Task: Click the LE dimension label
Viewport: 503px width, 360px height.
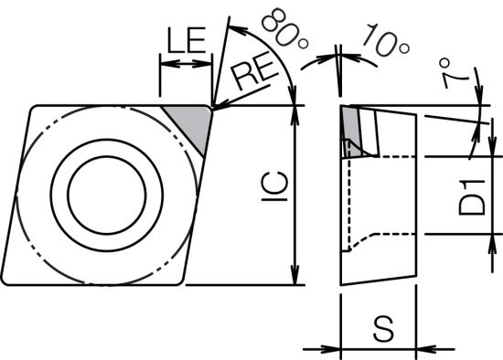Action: point(187,40)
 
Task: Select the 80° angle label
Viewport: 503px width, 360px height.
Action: point(284,28)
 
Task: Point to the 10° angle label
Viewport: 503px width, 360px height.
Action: point(386,40)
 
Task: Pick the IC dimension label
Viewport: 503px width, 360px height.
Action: point(274,186)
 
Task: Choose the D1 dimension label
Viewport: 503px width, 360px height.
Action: point(472,197)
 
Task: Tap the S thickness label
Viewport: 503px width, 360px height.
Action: point(384,329)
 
